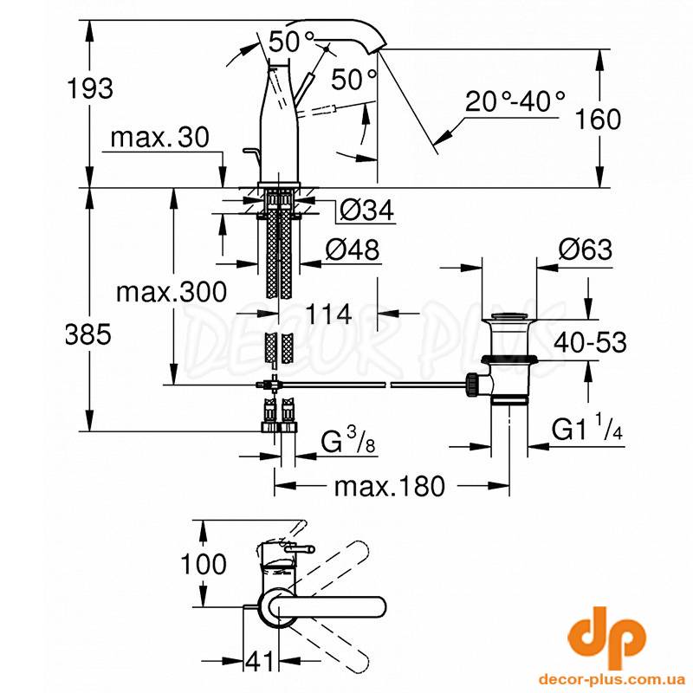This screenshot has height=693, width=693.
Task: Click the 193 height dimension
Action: [x=90, y=88]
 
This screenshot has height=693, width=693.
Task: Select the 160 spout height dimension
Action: [x=599, y=120]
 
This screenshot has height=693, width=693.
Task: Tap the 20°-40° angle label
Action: [x=515, y=101]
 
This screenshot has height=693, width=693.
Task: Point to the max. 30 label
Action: [x=160, y=138]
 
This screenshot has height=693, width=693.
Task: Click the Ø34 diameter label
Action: [x=366, y=210]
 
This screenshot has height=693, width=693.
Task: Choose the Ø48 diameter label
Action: [x=353, y=249]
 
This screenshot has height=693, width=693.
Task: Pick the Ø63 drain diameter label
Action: [x=586, y=249]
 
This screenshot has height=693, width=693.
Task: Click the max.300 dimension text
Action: [x=172, y=292]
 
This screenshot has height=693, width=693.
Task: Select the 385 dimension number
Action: [x=88, y=334]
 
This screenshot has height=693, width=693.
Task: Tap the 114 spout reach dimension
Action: [x=329, y=314]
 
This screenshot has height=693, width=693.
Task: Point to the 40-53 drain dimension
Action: [x=591, y=342]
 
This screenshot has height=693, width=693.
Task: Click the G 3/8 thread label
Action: [x=348, y=441]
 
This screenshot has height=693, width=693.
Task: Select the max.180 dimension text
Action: [x=389, y=487]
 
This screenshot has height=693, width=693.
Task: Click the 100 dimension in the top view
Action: [x=204, y=564]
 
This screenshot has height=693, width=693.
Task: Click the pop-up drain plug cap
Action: [x=509, y=316]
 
